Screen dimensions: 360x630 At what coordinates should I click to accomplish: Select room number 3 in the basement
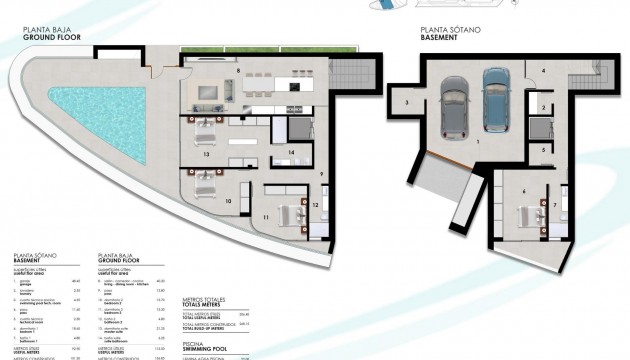[407, 102]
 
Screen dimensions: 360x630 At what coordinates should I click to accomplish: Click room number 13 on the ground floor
[205, 155]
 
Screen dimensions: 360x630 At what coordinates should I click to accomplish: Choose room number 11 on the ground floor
[267, 216]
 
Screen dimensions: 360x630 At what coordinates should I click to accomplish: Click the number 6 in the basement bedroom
[524, 189]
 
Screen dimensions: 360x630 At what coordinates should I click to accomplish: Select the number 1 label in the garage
[478, 143]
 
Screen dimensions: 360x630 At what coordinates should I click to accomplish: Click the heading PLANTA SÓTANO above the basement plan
[450, 31]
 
